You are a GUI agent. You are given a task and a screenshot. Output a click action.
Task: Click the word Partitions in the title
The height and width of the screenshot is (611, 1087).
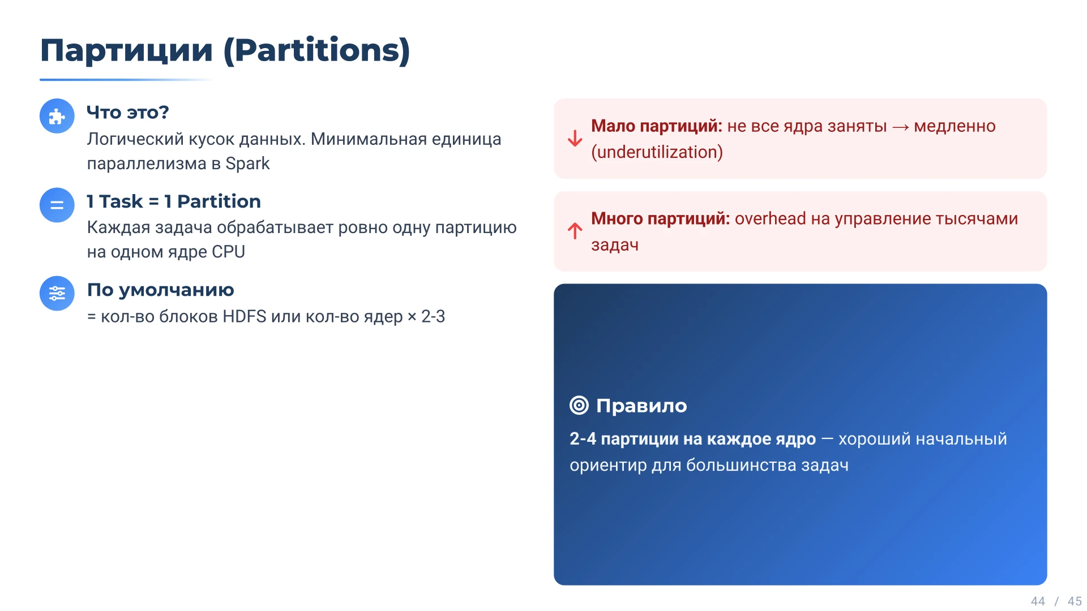click(x=317, y=51)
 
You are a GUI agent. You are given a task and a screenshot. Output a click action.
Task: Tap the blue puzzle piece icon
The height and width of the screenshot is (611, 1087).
click(x=57, y=117)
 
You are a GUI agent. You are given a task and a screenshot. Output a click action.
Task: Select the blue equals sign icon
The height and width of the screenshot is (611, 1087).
click(x=57, y=205)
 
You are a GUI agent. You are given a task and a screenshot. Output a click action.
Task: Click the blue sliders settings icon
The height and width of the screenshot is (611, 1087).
click(x=57, y=293)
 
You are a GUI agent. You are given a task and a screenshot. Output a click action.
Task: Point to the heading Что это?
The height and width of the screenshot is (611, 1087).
click(x=127, y=113)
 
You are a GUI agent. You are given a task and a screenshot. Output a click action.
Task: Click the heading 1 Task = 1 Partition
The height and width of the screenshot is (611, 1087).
click(x=173, y=201)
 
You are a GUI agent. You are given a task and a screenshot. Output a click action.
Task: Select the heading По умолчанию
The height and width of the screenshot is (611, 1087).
click(x=160, y=290)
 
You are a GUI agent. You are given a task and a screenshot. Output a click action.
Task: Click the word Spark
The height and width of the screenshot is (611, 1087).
click(x=247, y=163)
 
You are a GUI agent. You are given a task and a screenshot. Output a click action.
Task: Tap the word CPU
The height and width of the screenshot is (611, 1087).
click(x=228, y=252)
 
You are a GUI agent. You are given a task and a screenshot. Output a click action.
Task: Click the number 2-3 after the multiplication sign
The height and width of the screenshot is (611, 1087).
click(x=433, y=316)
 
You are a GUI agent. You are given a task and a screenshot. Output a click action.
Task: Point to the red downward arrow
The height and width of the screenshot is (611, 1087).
click(x=575, y=139)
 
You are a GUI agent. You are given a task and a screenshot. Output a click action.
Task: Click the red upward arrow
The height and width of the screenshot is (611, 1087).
click(x=575, y=231)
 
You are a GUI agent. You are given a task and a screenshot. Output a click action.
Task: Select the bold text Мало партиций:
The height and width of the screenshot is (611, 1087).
click(x=656, y=126)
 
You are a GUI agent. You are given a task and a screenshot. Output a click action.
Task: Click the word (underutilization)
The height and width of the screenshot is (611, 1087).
click(x=657, y=152)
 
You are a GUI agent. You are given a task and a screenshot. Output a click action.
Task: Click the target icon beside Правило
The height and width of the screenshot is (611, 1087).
click(x=579, y=406)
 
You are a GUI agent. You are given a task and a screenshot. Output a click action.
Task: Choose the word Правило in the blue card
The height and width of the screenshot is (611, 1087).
click(x=641, y=406)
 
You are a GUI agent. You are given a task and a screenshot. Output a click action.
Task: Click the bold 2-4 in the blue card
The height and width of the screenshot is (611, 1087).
click(x=583, y=439)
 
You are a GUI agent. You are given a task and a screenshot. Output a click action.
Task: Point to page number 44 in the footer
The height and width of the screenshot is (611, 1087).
click(x=1038, y=601)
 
